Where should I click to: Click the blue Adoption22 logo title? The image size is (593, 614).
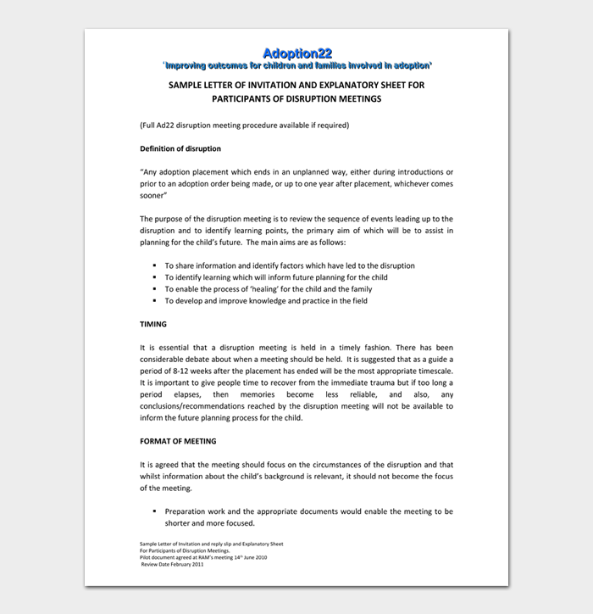point(296,53)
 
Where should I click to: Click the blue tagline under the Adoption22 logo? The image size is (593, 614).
point(296,65)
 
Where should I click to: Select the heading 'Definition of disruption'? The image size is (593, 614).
point(180,148)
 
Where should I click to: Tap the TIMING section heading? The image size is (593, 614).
point(152,324)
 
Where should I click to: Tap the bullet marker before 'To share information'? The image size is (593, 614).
point(155,265)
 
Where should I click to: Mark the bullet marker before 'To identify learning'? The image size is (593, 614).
point(155,277)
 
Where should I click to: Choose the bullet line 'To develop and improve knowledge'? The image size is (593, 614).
point(266,301)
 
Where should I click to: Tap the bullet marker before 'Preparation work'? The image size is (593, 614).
point(155,511)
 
